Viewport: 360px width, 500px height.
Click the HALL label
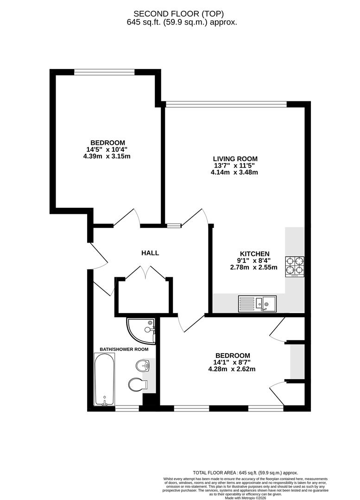[150, 253]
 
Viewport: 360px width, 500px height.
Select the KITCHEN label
[254, 254]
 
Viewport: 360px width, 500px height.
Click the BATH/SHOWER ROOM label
[124, 349]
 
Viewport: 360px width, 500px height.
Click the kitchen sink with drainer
[257, 303]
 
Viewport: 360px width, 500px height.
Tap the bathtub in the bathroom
[104, 380]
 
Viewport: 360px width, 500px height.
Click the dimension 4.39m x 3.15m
[107, 156]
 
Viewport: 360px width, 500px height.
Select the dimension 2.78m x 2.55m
[254, 267]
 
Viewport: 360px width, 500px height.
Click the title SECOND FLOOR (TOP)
[182, 13]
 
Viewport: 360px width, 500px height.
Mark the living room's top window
[226, 104]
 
